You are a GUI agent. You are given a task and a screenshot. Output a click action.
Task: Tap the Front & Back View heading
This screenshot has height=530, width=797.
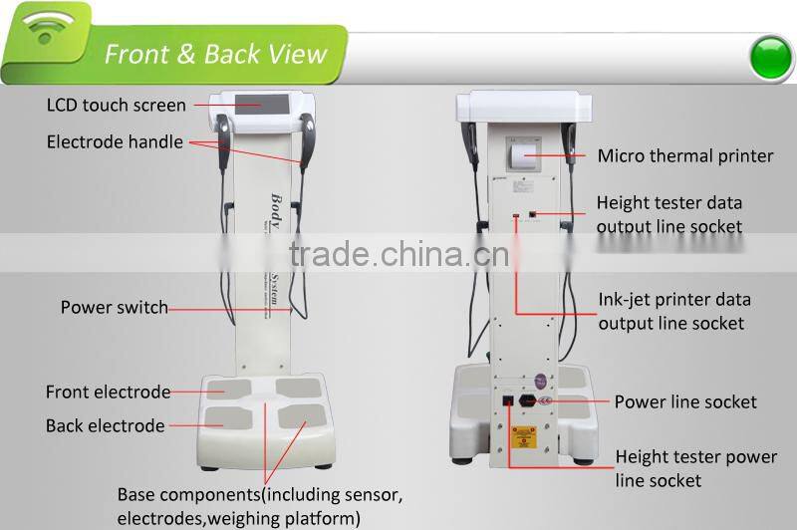click(216, 54)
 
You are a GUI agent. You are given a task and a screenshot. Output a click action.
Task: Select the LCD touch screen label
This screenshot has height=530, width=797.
click(117, 105)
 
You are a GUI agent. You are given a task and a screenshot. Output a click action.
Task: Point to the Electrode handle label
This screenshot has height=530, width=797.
click(115, 142)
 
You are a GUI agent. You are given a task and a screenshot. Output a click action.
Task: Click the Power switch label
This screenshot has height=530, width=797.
click(115, 308)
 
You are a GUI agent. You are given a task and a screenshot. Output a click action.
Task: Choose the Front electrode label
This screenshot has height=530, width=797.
click(108, 393)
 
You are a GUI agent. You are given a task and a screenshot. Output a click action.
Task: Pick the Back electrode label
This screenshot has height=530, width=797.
click(105, 426)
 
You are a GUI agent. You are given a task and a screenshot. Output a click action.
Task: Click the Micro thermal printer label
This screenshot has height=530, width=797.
click(685, 155)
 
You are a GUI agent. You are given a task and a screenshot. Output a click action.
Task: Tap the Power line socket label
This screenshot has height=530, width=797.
click(685, 402)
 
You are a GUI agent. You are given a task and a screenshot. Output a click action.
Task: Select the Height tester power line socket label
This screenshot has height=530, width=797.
click(695, 469)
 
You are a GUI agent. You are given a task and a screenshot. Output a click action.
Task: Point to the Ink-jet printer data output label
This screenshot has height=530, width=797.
click(674, 311)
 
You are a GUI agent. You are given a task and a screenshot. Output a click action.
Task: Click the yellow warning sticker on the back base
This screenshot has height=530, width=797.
click(523, 437)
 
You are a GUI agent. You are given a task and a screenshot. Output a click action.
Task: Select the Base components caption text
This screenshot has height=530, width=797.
click(259, 506)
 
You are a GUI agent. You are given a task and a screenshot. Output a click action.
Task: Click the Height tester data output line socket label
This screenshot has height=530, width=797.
click(668, 214)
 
